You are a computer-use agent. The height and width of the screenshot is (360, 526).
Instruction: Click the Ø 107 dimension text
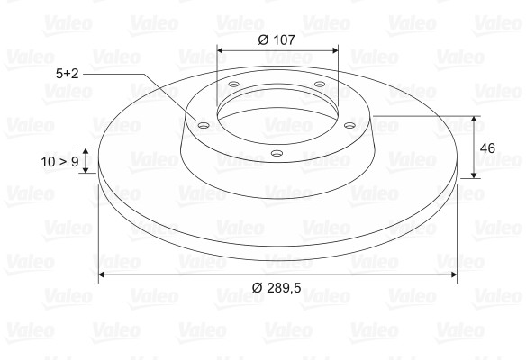tap(277, 40)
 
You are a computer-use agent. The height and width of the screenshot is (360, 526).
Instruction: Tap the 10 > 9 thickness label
tap(59, 162)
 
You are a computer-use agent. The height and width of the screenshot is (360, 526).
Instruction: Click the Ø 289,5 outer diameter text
tap(276, 287)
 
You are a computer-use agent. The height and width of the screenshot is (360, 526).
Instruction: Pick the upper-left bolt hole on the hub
tap(233, 85)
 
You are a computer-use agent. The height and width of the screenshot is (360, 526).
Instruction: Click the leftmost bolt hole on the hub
tap(203, 125)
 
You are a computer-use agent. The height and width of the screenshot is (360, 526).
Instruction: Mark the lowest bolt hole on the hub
tap(276, 154)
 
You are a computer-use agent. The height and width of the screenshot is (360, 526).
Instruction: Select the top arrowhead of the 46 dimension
tap(474, 120)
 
